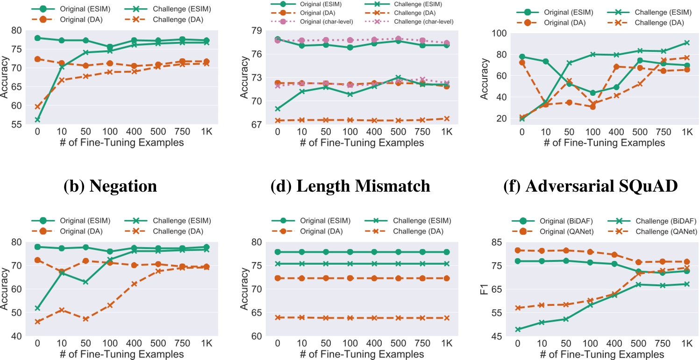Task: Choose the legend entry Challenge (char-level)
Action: pyautogui.click(x=423, y=22)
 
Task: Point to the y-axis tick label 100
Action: pyautogui.click(x=502, y=33)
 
